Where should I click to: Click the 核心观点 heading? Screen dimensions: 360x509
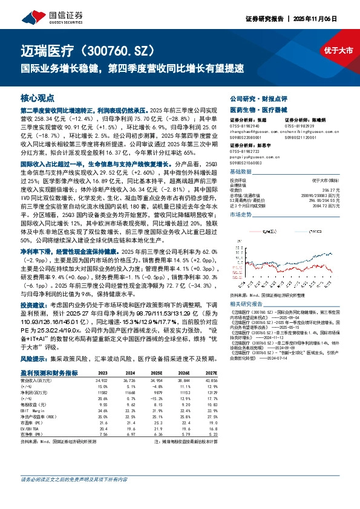coord(38,97)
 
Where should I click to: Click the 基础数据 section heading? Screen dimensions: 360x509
coord(243,172)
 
